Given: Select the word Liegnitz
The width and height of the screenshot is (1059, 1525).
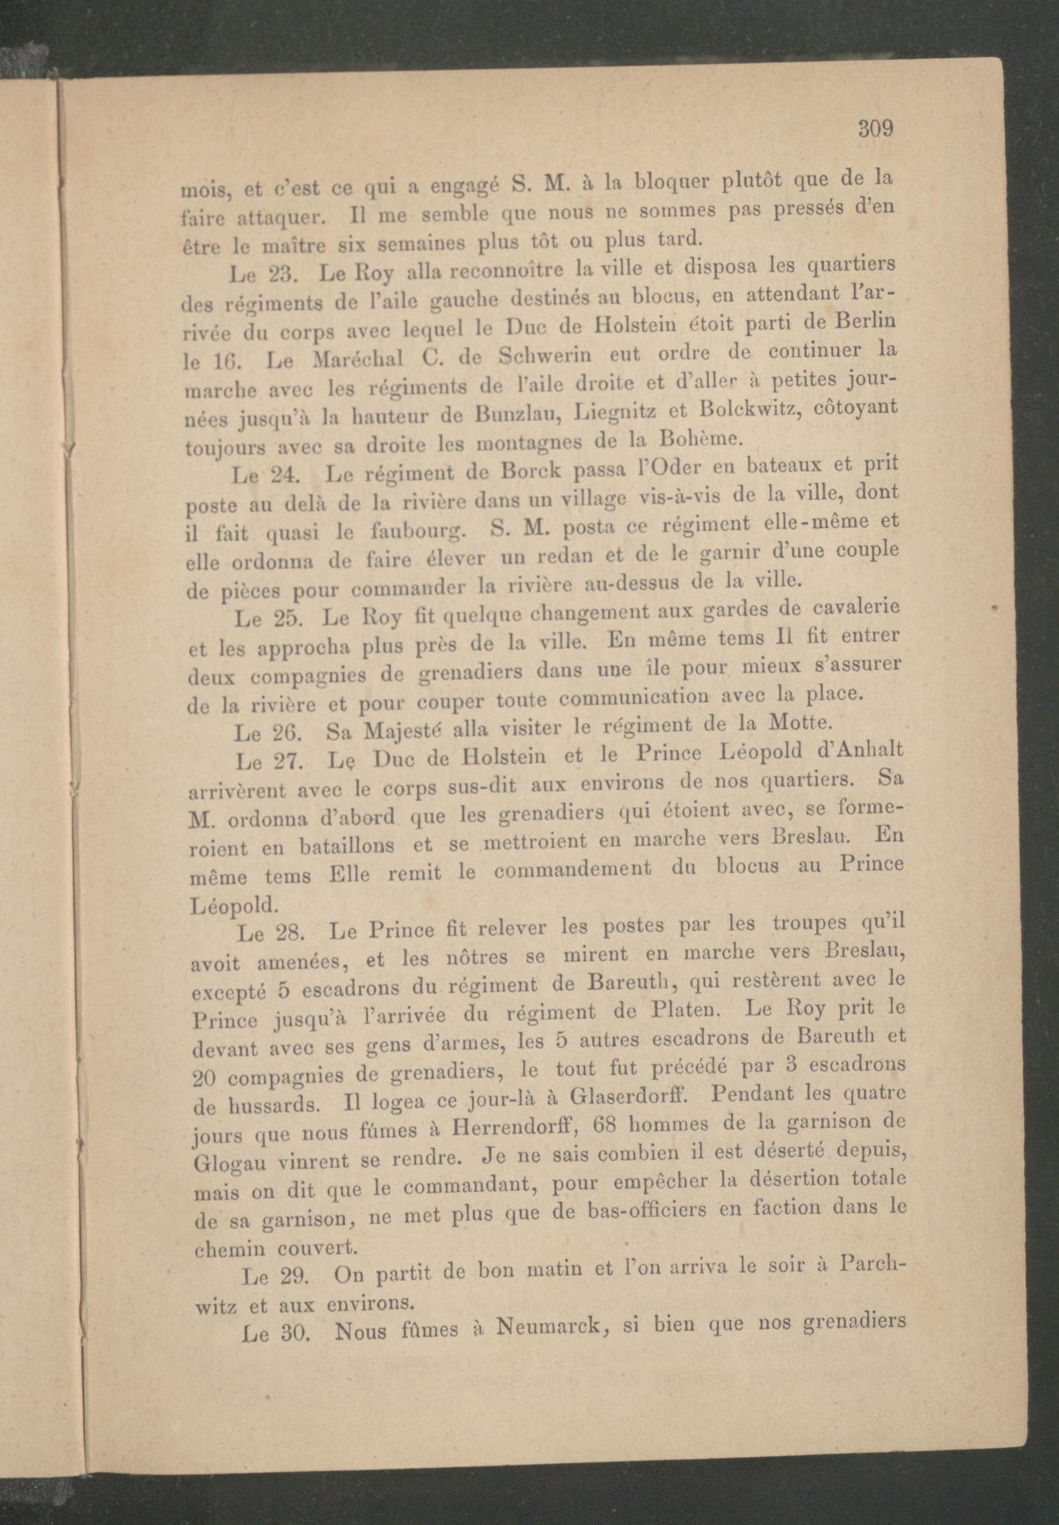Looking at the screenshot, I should pyautogui.click(x=615, y=413).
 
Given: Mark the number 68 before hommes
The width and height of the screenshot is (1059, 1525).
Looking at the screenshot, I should pyautogui.click(x=608, y=1123).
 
